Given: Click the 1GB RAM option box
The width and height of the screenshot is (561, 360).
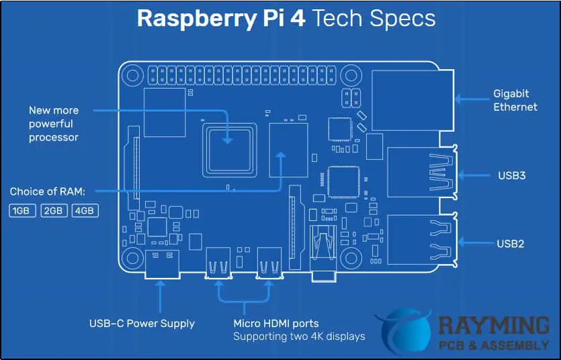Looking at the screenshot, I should [x=21, y=211].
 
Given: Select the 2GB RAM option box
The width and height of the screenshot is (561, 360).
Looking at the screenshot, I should [x=54, y=211].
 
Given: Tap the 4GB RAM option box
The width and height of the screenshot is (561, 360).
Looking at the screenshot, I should [x=85, y=211].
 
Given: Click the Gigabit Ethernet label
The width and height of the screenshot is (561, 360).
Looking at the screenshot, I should [x=515, y=100].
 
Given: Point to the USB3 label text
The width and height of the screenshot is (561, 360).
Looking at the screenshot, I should [x=511, y=176].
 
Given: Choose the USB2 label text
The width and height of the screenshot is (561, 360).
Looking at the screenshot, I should [x=511, y=244].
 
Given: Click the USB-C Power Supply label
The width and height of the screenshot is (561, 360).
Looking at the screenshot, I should [x=142, y=324].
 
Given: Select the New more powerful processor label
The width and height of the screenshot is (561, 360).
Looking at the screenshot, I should [x=54, y=124].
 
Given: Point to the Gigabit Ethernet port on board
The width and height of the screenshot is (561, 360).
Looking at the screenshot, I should [x=410, y=99].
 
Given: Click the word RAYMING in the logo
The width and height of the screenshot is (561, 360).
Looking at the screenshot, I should [x=493, y=326].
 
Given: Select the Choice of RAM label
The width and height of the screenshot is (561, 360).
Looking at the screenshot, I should [x=48, y=192].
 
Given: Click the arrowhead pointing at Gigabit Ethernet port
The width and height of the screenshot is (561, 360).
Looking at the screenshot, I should [x=458, y=99].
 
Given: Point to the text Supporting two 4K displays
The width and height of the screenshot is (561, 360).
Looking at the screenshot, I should [x=299, y=336].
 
